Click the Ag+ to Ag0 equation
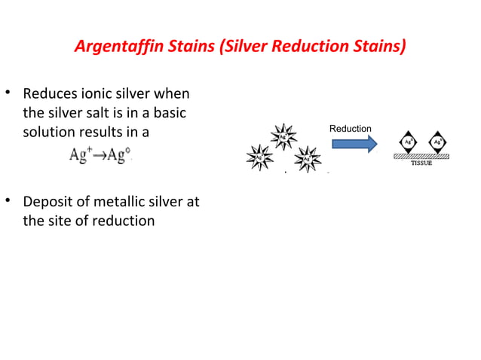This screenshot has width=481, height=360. [x=101, y=156]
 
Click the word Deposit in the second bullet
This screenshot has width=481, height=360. [x=51, y=203]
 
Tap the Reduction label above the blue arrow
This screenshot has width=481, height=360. [x=351, y=129]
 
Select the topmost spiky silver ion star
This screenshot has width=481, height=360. [x=283, y=137]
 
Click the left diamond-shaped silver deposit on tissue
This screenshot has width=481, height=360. [x=407, y=142]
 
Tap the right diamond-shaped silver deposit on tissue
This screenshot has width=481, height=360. [x=437, y=142]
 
